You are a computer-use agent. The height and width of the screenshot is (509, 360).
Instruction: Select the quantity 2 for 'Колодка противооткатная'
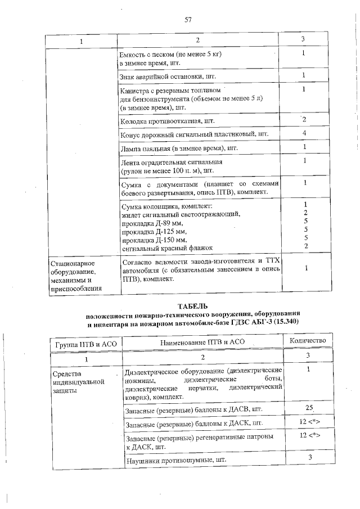click(304, 120)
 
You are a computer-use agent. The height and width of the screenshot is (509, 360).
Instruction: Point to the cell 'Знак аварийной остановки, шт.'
click(168, 76)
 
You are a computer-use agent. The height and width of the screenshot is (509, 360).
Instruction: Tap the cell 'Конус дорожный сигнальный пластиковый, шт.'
click(195, 134)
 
